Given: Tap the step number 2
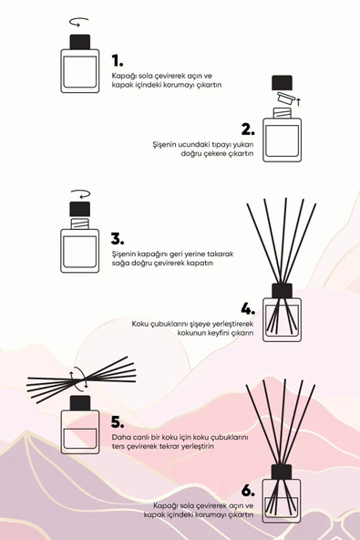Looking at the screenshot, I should [246, 129].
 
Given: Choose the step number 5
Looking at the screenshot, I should [117, 421].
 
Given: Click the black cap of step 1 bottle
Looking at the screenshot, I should [79, 43].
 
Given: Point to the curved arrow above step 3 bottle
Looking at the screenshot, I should [80, 194].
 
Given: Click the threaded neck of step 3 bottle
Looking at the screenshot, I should [80, 221].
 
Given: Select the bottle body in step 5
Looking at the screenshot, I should [80, 431].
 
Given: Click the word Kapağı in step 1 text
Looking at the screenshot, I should [123, 75].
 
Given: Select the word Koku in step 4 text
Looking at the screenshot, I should [142, 323].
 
